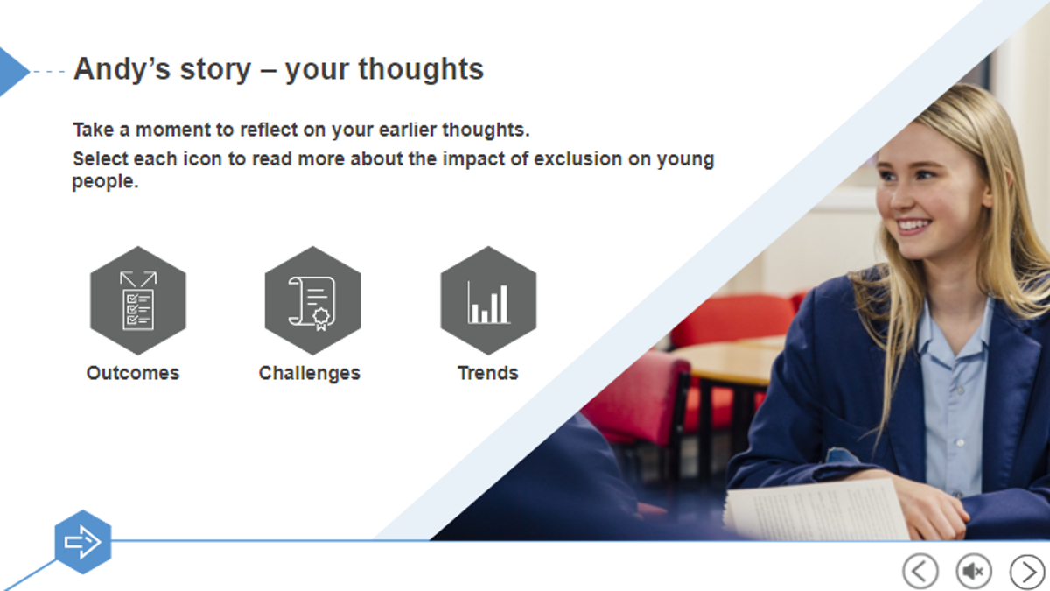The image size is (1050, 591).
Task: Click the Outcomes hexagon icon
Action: pyautogui.click(x=138, y=300)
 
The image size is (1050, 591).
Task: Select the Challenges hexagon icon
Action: pyautogui.click(x=312, y=300)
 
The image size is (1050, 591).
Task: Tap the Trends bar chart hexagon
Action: pyautogui.click(x=488, y=300)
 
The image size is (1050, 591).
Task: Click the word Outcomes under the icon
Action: pyautogui.click(x=133, y=373)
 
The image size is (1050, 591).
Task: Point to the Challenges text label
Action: pyautogui.click(x=310, y=374)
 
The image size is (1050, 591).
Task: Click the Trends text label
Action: pyautogui.click(x=488, y=373)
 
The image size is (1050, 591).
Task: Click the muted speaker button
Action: pyautogui.click(x=974, y=571)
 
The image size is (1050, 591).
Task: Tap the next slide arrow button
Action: pyautogui.click(x=1027, y=571)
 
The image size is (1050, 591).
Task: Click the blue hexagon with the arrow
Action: pyautogui.click(x=83, y=542)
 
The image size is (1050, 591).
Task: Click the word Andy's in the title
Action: pyautogui.click(x=122, y=69)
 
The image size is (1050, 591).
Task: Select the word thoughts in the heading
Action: pyautogui.click(x=421, y=69)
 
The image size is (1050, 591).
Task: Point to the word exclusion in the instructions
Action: pyautogui.click(x=578, y=159)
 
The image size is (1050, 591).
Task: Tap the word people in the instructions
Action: pyautogui.click(x=105, y=182)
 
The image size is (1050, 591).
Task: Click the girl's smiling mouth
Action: pyautogui.click(x=913, y=227)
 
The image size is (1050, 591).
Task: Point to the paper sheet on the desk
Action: pyautogui.click(x=815, y=511)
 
